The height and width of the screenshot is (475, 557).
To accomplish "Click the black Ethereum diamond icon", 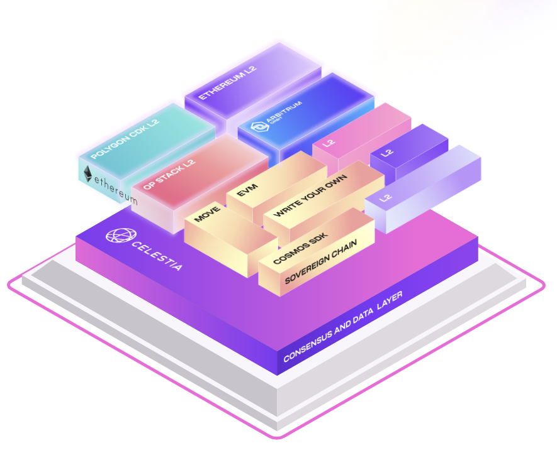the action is (89, 173).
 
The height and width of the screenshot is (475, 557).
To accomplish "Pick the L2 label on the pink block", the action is (328, 143).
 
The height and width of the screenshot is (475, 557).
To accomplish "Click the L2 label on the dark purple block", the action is (386, 153).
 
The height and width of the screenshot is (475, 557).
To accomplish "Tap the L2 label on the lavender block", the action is (386, 197).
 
